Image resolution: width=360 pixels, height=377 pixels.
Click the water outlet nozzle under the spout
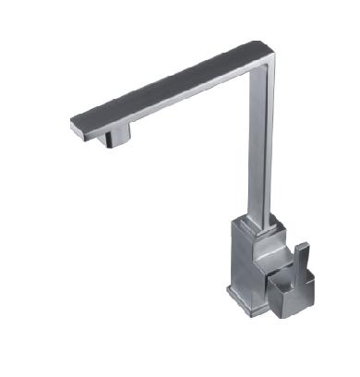117,139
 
